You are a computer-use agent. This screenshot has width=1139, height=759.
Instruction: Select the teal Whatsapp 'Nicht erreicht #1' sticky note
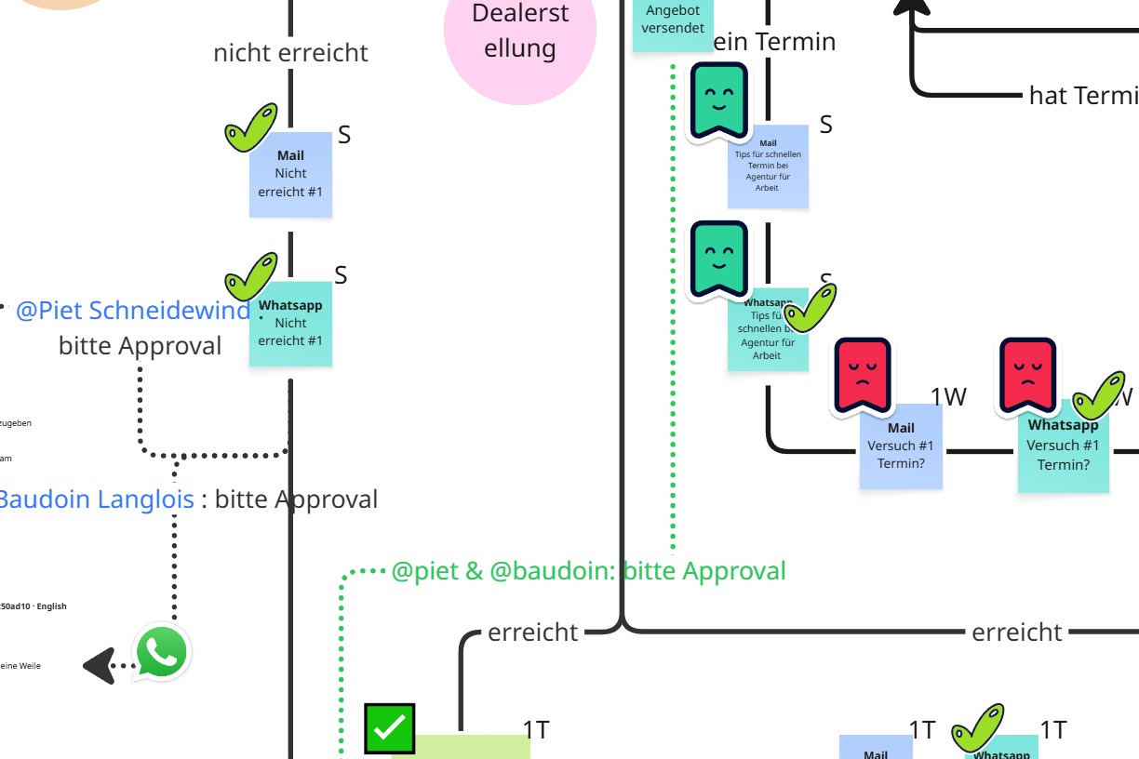[x=290, y=326]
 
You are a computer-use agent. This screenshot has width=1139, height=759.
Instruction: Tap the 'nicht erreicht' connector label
[x=290, y=53]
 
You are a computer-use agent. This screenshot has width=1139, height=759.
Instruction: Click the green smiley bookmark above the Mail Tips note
[x=717, y=101]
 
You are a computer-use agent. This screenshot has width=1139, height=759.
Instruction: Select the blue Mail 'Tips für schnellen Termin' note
[x=768, y=167]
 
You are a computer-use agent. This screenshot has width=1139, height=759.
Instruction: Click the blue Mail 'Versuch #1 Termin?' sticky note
[x=901, y=448]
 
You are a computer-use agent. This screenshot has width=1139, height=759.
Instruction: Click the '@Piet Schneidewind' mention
[x=132, y=311]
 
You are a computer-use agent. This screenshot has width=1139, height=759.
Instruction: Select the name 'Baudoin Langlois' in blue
[x=96, y=499]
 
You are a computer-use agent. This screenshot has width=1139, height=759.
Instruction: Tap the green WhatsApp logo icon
[x=162, y=653]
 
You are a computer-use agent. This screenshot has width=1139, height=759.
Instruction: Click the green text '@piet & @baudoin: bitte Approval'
[x=588, y=571]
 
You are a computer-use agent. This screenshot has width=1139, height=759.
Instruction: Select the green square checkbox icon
[x=389, y=728]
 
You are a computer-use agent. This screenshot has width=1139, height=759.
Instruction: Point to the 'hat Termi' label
[x=1082, y=95]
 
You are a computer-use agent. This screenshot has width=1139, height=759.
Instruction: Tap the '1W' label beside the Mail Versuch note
[x=948, y=397]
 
